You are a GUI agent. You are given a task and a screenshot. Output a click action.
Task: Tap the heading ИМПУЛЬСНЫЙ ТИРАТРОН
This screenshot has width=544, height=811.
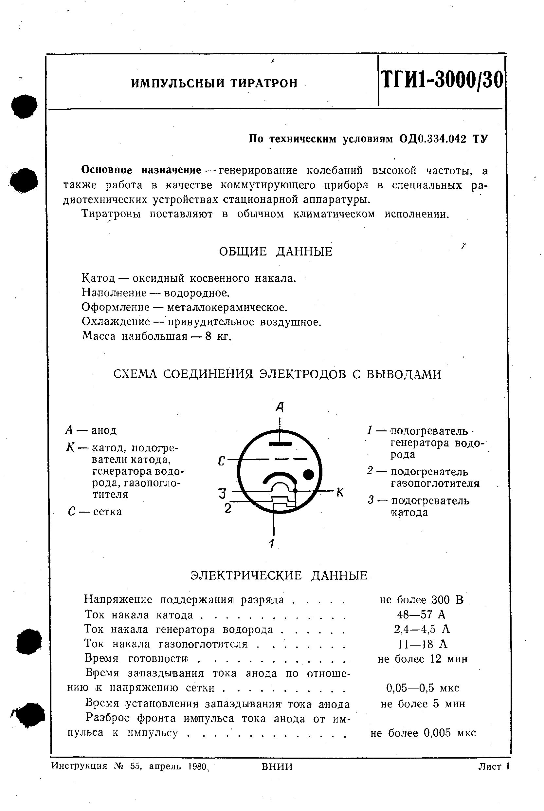coord(214,83)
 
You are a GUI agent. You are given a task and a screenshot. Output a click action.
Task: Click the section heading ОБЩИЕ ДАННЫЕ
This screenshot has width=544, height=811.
coord(276,252)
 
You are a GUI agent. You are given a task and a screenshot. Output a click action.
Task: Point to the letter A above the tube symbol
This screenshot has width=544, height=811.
coord(280,407)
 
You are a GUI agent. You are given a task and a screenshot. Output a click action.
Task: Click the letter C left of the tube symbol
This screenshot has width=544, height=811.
coord(222,462)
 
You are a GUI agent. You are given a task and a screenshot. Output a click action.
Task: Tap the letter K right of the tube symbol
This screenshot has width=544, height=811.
coord(340,492)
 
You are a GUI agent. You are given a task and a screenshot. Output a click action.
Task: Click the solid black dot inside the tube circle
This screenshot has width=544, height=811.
coord(308,475)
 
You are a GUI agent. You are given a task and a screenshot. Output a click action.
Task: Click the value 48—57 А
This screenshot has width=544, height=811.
coord(421,614)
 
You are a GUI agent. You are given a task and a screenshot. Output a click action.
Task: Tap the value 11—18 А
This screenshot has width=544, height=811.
coord(423,644)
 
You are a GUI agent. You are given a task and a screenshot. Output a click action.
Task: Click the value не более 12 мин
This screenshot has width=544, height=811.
coord(423,659)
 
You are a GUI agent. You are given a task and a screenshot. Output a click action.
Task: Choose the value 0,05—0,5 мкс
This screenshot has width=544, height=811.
coord(423,688)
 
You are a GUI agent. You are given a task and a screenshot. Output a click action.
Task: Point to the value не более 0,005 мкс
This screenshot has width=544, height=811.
coord(423,732)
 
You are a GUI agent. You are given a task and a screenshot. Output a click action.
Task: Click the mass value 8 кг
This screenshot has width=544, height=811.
coord(218,336)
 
